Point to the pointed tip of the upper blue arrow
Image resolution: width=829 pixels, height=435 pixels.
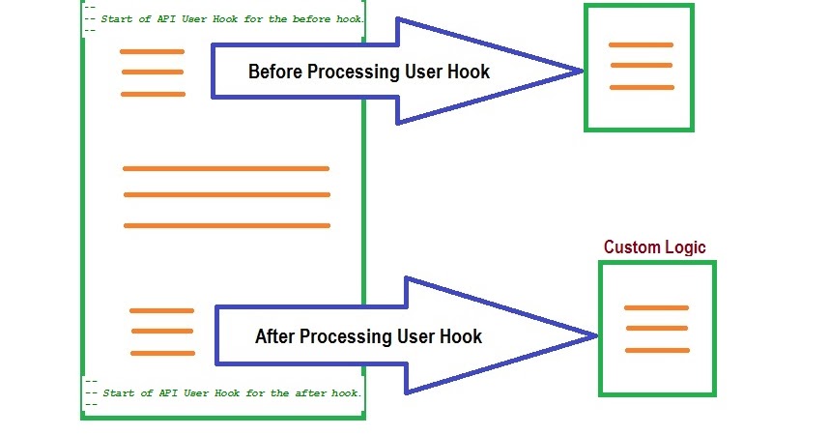(582, 70)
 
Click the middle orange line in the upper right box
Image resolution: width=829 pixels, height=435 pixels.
(641, 66)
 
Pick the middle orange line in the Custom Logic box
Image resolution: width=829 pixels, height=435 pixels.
(657, 329)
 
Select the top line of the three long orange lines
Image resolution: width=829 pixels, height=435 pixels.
(226, 168)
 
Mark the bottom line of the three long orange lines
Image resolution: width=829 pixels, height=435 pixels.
(227, 225)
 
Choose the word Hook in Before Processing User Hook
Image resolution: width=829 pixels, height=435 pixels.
(469, 72)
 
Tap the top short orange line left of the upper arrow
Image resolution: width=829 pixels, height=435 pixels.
(152, 51)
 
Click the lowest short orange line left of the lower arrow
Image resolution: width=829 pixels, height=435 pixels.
(162, 353)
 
